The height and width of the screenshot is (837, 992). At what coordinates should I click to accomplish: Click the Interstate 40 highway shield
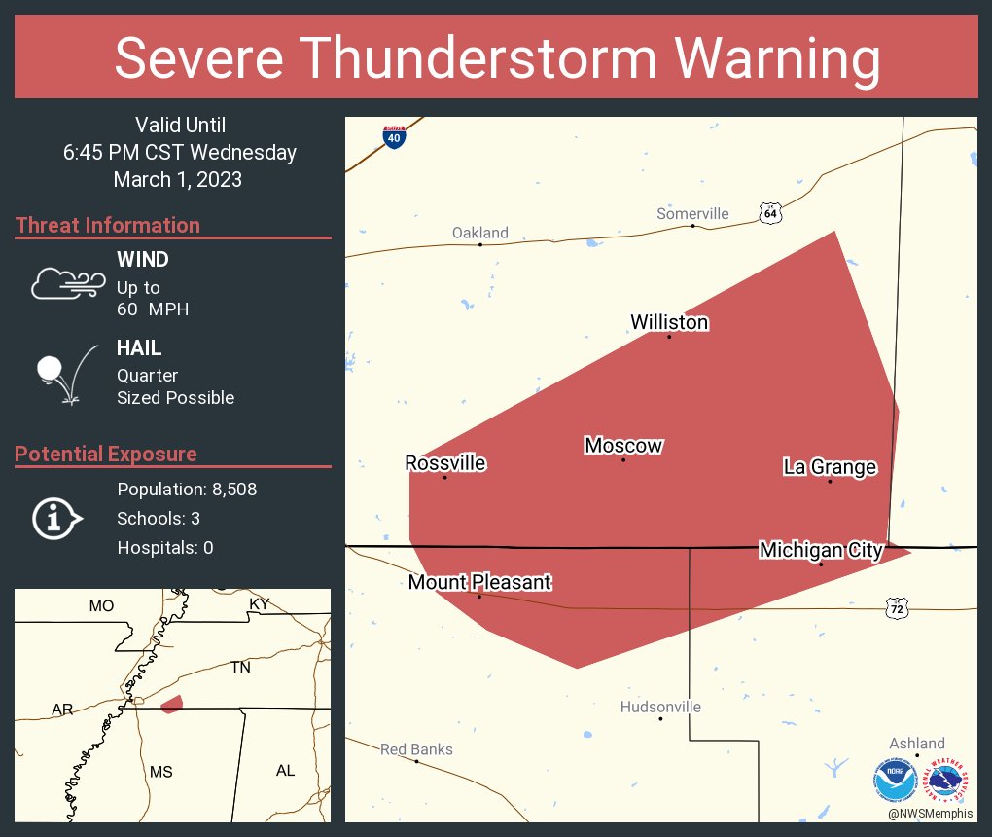click(x=394, y=137)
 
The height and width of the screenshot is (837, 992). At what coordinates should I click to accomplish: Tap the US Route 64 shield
click(x=770, y=212)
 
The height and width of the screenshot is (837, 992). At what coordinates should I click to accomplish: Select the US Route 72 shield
click(x=897, y=608)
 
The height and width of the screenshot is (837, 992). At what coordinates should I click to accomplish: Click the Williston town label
click(x=669, y=322)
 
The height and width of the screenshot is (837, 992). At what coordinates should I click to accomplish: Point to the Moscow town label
click(x=623, y=446)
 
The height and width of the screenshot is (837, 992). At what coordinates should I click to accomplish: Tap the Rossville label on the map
click(x=445, y=463)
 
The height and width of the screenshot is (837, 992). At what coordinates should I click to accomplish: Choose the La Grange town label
click(x=830, y=467)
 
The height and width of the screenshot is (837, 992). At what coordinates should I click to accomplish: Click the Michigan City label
click(x=821, y=551)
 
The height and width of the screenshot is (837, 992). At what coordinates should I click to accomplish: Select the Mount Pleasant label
click(x=479, y=582)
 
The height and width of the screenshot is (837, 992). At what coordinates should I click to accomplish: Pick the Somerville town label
click(x=692, y=214)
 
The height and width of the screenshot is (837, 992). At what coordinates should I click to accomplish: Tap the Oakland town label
click(x=480, y=233)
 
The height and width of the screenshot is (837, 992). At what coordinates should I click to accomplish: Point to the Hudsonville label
click(x=660, y=707)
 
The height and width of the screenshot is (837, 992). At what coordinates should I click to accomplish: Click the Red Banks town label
click(x=416, y=749)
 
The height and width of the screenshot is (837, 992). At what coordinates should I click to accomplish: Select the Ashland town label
click(x=916, y=743)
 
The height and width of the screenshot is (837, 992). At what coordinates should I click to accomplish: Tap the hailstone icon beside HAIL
click(x=50, y=370)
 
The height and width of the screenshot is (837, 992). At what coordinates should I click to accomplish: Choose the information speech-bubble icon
click(x=56, y=518)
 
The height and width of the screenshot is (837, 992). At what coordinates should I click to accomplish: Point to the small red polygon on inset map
click(x=171, y=703)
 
